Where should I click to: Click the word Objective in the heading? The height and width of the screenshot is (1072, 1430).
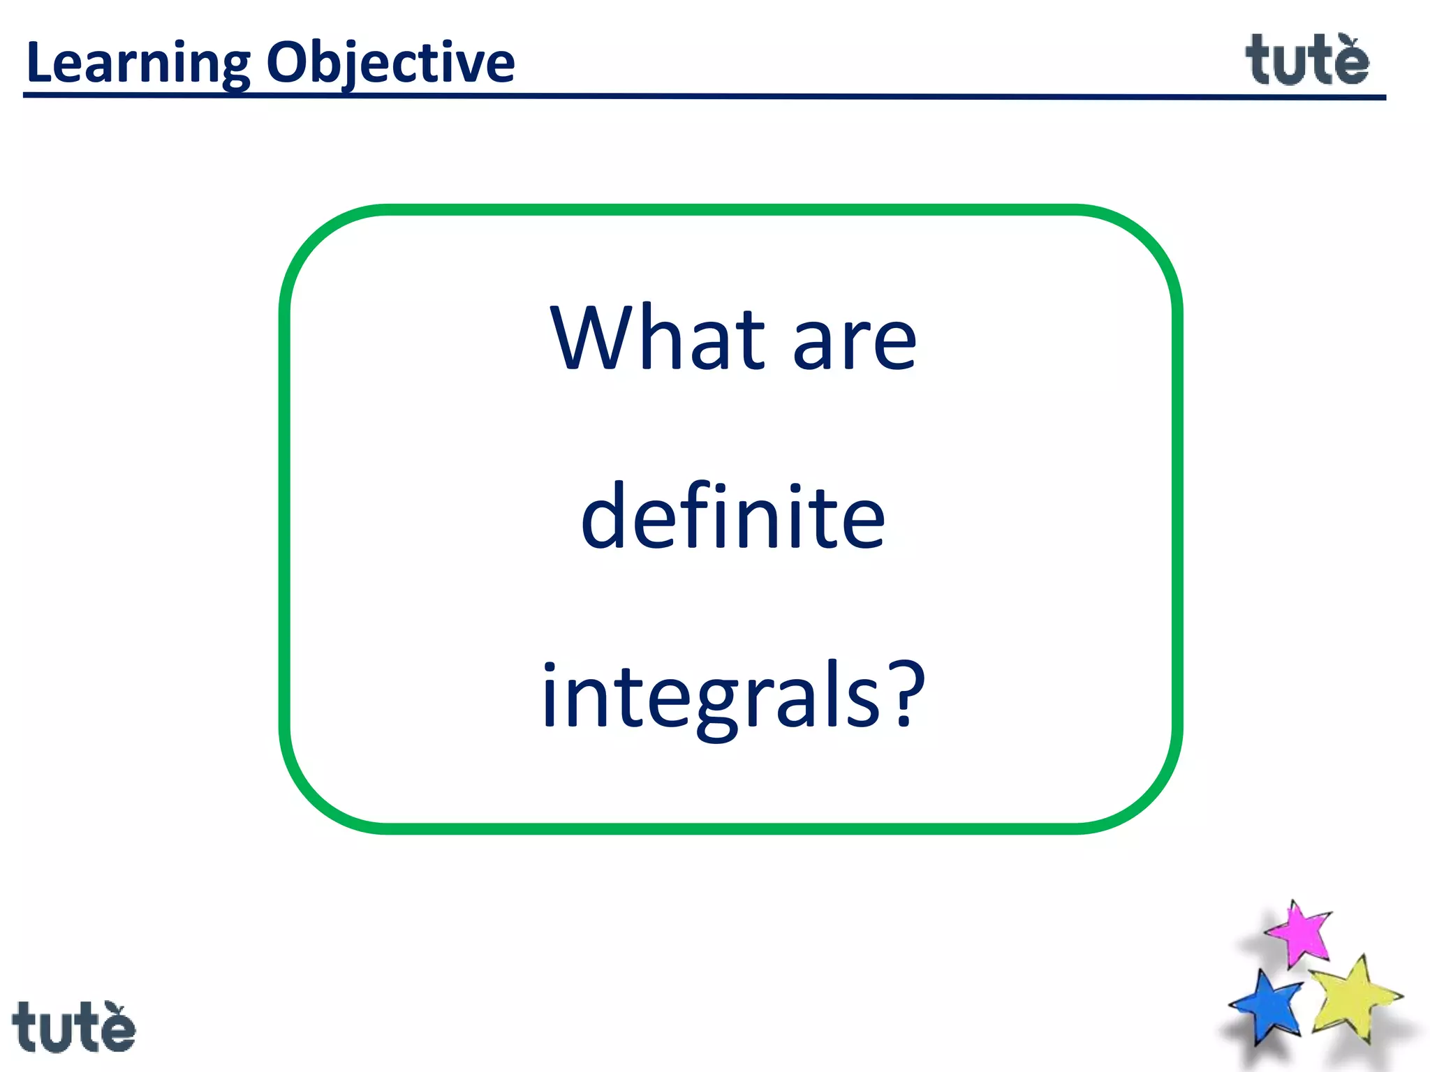tap(391, 63)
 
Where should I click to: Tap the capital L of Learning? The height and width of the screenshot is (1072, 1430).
tap(38, 63)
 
